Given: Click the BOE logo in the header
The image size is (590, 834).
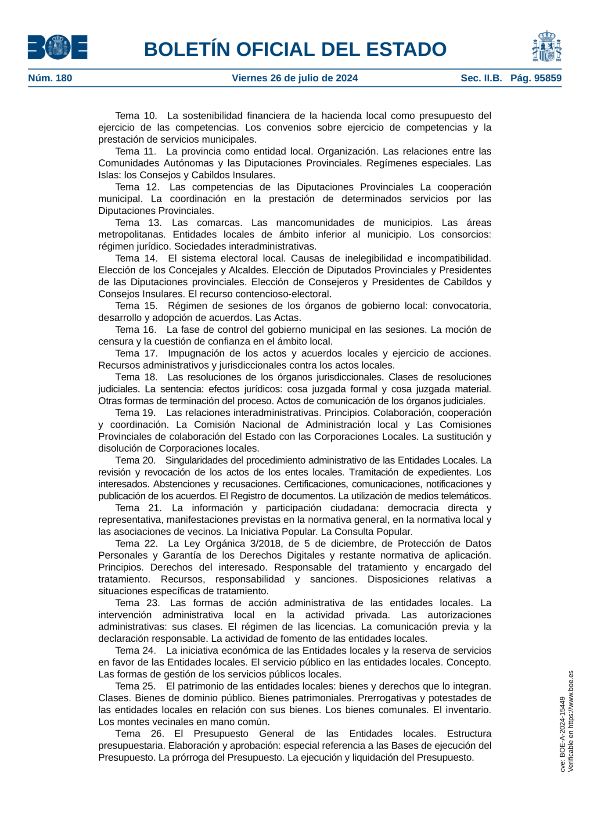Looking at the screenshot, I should coord(58,47).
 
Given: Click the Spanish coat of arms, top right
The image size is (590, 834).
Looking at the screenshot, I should coord(547,46).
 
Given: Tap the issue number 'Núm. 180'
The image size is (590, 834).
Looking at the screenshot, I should coord(50,78).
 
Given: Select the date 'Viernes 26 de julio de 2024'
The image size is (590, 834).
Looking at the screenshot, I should coord(295,78).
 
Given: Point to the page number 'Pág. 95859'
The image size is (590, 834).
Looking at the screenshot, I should coord(536,78).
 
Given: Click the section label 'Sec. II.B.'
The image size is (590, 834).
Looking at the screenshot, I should coord(481,78).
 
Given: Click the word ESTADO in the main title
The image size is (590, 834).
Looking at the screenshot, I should coord(406,49).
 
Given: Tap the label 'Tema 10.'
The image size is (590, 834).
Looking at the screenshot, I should coord(136,116).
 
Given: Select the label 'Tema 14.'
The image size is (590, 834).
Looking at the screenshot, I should coord(136,259).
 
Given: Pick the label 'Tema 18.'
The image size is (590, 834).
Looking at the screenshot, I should coord(136,377).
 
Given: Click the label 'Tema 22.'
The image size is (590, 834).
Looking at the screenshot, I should coord(136,543).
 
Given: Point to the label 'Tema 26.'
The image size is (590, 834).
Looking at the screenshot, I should coord(139,733).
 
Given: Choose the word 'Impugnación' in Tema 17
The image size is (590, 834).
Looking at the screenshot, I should coord(194,353).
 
